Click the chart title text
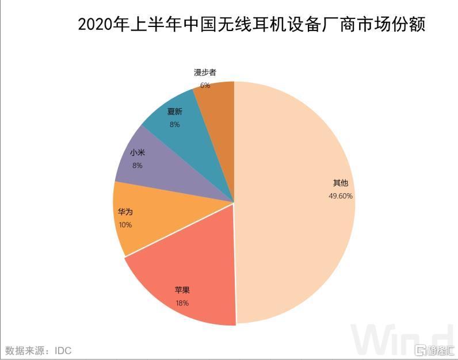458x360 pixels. [251, 25]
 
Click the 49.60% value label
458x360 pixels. [341, 196]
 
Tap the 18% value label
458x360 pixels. [182, 303]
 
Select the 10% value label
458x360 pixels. [125, 225]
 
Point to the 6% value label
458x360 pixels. [205, 85]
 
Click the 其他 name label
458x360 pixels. [341, 183]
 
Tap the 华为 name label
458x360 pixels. [125, 212]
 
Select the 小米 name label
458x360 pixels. [137, 153]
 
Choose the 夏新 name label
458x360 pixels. [175, 112]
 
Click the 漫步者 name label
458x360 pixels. [205, 73]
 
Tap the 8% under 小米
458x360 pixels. [137, 166]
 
